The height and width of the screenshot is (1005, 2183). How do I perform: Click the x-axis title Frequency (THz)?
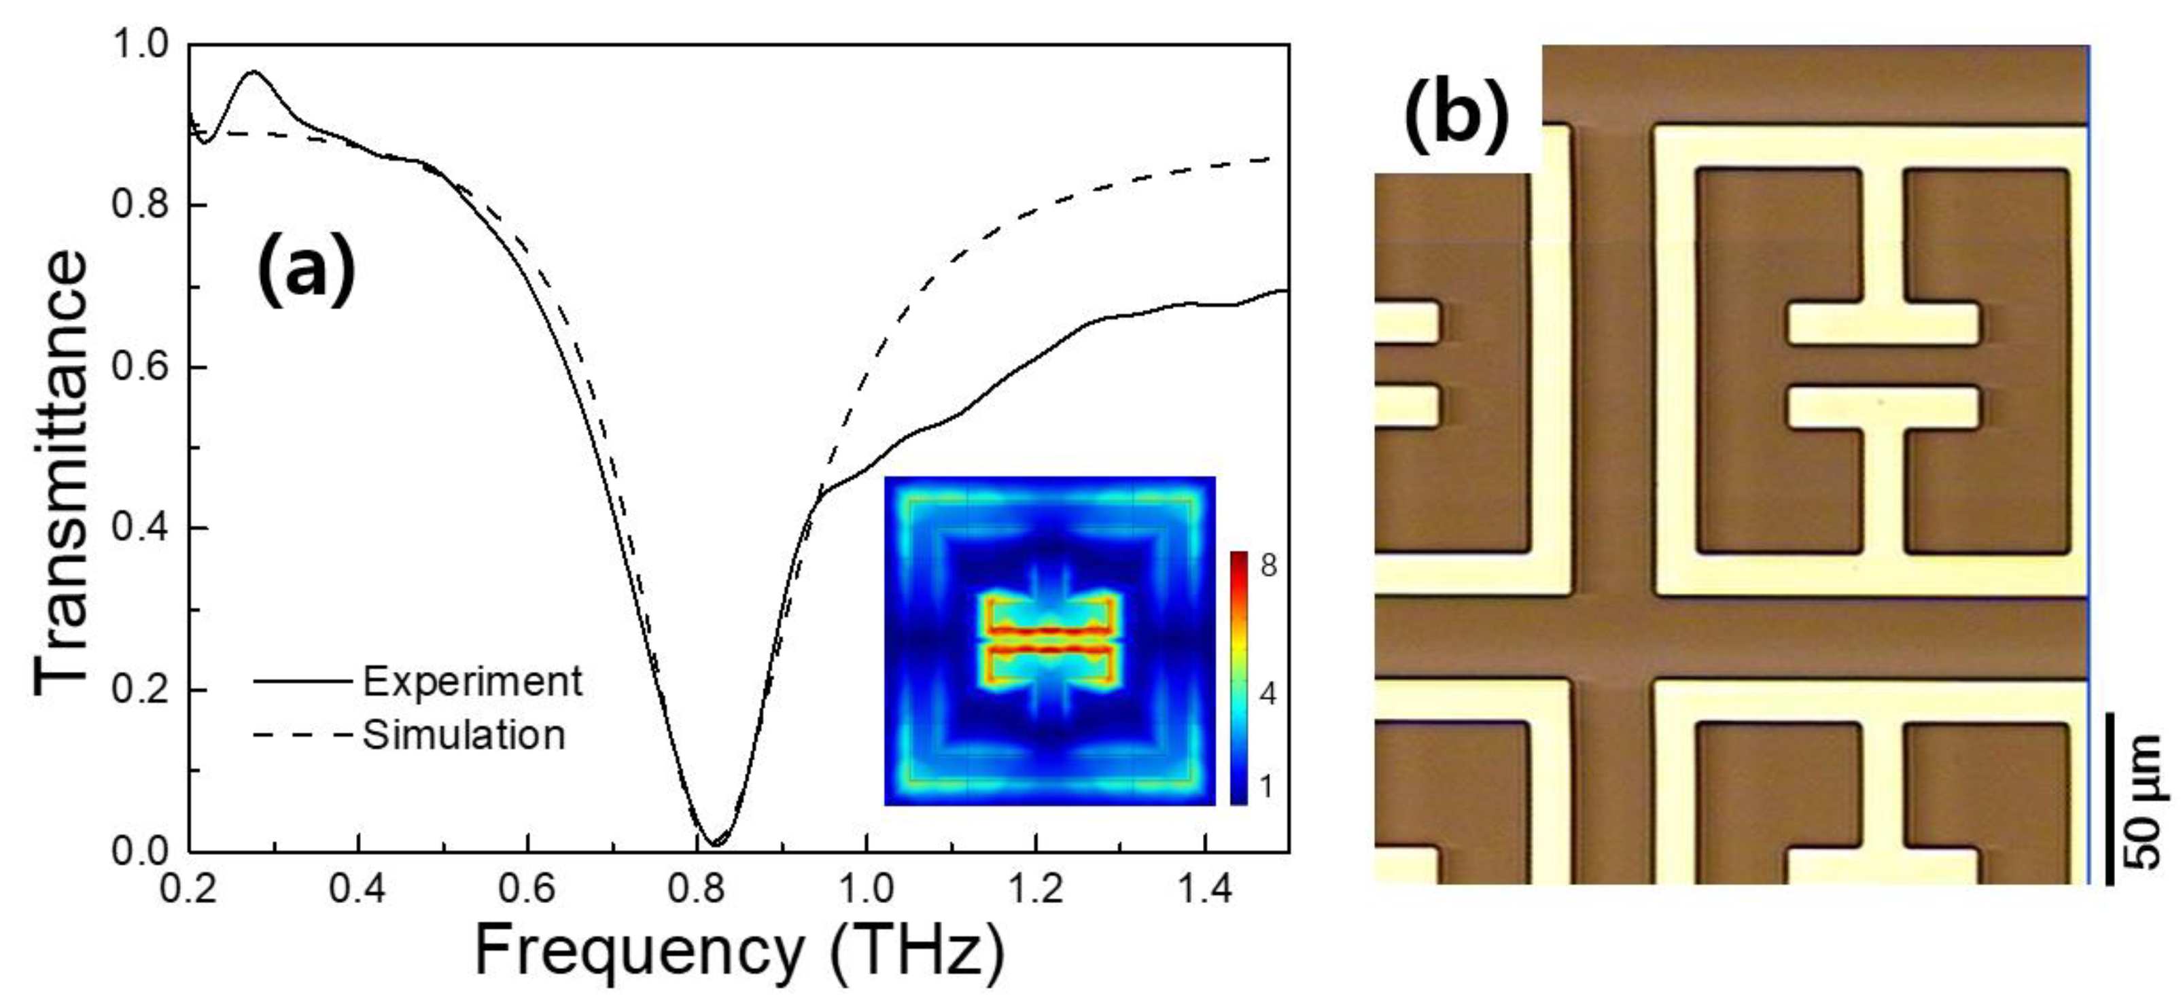pyautogui.click(x=739, y=951)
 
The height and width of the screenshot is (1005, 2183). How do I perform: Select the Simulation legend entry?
pyautogui.click(x=464, y=735)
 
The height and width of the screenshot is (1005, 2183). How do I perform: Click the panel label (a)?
pyautogui.click(x=306, y=270)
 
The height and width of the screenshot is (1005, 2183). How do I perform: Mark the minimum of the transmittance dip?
pyautogui.click(x=714, y=843)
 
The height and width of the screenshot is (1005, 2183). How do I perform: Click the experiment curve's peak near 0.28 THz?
pyautogui.click(x=251, y=72)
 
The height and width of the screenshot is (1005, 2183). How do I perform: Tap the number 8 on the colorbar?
pyautogui.click(x=1268, y=565)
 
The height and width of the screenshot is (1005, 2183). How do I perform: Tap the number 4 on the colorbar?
pyautogui.click(x=1268, y=695)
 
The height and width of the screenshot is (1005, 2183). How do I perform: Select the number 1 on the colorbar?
pyautogui.click(x=1266, y=786)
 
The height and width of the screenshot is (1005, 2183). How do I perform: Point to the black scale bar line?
pyautogui.click(x=2110, y=799)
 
